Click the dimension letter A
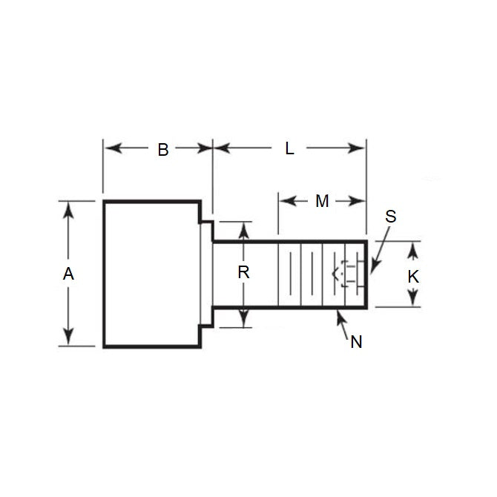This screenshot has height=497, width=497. [68, 274]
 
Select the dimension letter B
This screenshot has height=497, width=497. [162, 149]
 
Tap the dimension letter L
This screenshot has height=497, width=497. [289, 148]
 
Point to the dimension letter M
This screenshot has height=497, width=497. [321, 201]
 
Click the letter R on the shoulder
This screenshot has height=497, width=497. [243, 272]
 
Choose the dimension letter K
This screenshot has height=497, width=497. [414, 276]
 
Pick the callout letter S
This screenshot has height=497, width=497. [391, 217]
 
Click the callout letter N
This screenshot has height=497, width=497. [356, 341]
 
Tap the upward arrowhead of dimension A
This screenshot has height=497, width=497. [69, 208]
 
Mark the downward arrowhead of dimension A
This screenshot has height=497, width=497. [69, 339]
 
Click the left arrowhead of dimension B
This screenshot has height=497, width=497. [110, 148]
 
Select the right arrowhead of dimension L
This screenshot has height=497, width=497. [360, 148]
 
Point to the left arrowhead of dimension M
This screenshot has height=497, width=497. [283, 201]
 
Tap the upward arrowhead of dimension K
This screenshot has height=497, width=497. [414, 248]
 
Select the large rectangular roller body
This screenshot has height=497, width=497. [151, 274]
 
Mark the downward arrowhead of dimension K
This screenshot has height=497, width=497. [414, 300]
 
